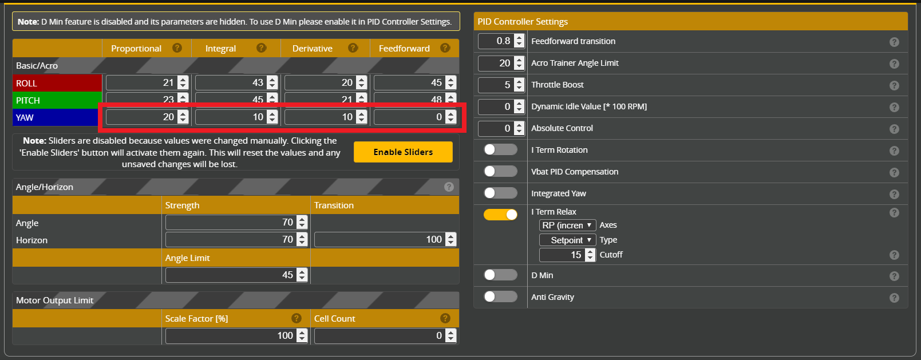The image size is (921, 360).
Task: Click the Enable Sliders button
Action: pos(403,152)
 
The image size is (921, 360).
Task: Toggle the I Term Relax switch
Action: pos(500,215)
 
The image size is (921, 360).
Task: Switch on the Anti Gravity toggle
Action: pos(500,296)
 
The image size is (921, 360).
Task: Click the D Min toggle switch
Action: pos(500,275)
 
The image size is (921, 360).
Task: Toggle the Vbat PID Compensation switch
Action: pos(500,171)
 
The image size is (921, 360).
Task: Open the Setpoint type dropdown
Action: pos(567,240)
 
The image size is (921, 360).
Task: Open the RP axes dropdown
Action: pos(567,225)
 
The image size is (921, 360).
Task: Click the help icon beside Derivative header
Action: pos(353,48)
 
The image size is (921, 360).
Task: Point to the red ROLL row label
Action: pos(57,83)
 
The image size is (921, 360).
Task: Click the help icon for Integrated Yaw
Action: pos(894,194)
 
